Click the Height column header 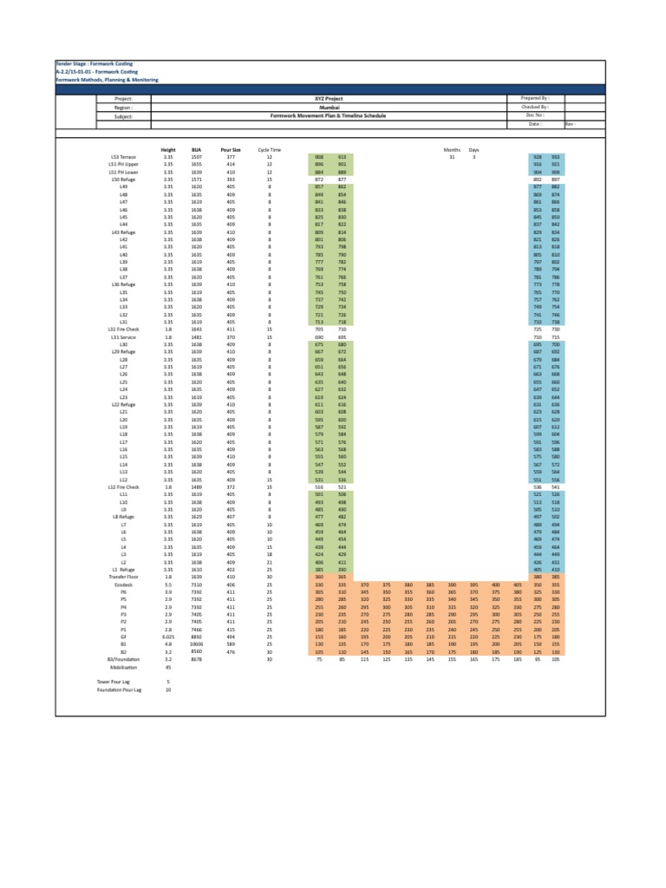click(168, 149)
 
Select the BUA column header click(197, 149)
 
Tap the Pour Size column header click(231, 149)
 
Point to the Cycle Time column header click(270, 149)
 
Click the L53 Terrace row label click(123, 156)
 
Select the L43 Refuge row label click(123, 233)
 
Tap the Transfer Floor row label click(123, 576)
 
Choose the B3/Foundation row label click(123, 660)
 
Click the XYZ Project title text click(301, 99)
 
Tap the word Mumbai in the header click(301, 107)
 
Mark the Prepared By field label click(535, 99)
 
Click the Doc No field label click(535, 114)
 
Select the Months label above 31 click(451, 149)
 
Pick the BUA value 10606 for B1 click(197, 644)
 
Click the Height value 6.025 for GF click(168, 637)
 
